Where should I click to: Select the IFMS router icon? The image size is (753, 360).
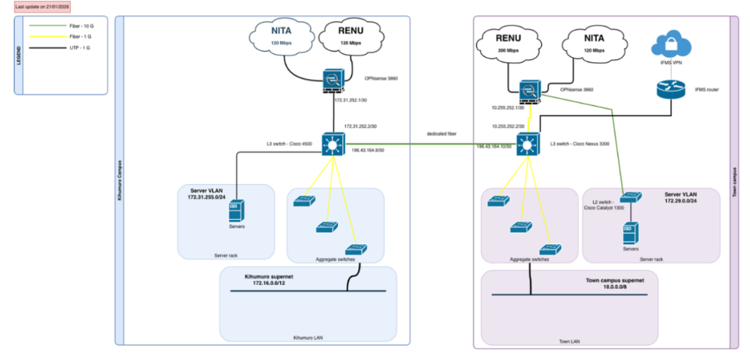(x=672, y=90)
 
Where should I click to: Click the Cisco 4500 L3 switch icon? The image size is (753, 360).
(x=333, y=143)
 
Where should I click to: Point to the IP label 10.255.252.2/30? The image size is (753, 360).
(x=508, y=126)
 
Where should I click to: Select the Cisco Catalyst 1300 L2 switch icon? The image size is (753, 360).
(x=627, y=199)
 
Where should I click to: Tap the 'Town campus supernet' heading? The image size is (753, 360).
(x=616, y=280)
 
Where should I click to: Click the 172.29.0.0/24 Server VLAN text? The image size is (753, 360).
(x=680, y=202)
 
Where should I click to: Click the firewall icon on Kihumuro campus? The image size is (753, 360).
(x=333, y=79)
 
